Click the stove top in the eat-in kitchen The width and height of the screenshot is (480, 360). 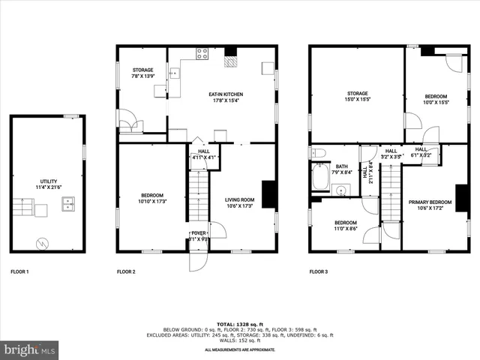coord(202,53)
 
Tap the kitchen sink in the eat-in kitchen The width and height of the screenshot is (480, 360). coord(174,73)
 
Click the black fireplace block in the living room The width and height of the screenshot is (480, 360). coord(268,194)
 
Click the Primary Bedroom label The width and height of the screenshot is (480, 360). coord(430,205)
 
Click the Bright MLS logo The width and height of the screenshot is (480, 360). coord(29,349)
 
